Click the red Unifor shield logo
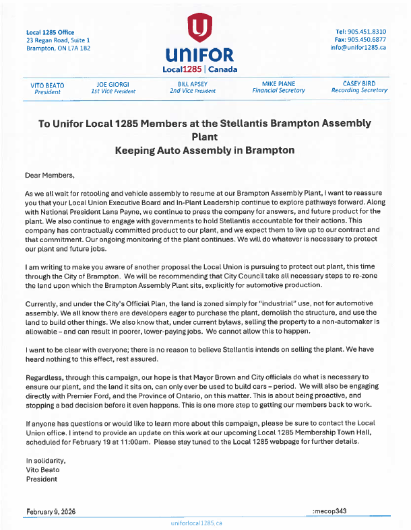pos(197,28)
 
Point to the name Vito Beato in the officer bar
pos(47,85)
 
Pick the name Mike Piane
pos(278,83)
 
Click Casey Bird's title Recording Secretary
pos(359,90)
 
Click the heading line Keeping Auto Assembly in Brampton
pos(204,150)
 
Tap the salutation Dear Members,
pos(49,176)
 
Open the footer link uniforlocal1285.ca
pos(197,523)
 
